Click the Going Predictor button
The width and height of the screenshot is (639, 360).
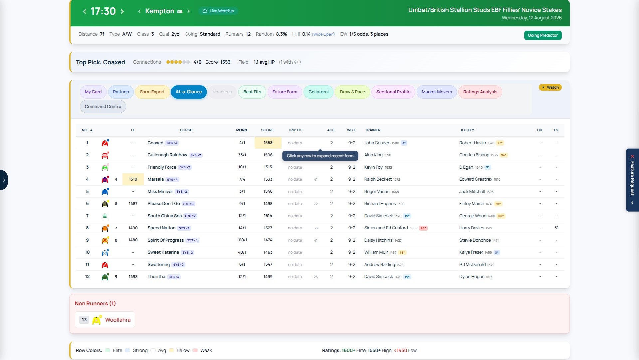click(542, 35)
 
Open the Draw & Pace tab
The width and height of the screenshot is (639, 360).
click(352, 92)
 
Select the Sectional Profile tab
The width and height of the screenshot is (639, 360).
click(393, 92)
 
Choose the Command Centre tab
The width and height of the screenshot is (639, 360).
click(103, 107)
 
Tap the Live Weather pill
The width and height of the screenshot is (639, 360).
click(218, 11)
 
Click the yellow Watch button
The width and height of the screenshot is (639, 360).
click(550, 87)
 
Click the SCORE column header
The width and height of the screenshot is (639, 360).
click(267, 130)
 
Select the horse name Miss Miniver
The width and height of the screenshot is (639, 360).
click(160, 192)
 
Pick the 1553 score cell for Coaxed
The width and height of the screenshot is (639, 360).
click(268, 143)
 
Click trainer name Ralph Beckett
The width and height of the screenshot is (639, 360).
click(378, 179)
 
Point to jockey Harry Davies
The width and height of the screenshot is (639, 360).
click(472, 228)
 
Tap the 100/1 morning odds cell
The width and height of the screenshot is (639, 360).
click(242, 240)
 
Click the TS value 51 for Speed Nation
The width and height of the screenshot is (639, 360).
click(556, 228)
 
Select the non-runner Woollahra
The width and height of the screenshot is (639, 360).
click(118, 320)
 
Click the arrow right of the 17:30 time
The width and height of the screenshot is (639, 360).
click(122, 11)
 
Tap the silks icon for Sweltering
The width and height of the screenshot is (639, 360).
click(105, 265)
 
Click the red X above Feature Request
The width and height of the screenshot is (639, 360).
click(632, 156)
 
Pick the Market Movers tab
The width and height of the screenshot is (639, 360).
click(437, 92)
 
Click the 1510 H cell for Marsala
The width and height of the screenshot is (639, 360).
click(133, 179)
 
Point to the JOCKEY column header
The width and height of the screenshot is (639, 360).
click(467, 130)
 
